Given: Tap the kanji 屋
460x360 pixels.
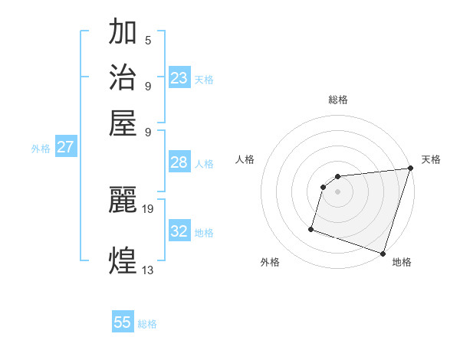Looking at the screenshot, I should coord(123,122).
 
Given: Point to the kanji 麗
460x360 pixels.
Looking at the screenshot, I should coord(123,199).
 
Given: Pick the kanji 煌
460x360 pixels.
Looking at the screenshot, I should coord(123,260).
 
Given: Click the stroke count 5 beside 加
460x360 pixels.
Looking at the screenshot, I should coord(147,40).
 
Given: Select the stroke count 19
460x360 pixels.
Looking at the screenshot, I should coord(149,208).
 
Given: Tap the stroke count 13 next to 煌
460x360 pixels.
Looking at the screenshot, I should coord(149,269).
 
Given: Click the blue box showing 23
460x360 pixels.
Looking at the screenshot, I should coord(179,78).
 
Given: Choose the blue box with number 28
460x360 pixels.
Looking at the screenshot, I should coord(179,162).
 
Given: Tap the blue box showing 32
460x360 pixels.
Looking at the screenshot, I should coord(179,231).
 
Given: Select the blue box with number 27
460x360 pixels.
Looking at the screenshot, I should coord(65,147).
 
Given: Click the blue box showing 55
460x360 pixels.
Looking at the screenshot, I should coord(123,322).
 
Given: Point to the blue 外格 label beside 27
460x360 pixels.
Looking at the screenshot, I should coord(40,149).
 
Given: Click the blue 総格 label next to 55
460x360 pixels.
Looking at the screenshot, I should coord(147,324).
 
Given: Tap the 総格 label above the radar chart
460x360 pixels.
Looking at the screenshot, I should coord(337,100).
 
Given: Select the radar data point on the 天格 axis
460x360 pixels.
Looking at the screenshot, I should coord(409,170).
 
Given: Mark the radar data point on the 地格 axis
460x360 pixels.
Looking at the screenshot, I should coord(383,253).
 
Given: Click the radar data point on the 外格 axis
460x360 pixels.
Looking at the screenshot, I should coord(311,228).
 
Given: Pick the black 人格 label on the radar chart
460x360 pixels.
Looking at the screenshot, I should coord(245,159).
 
